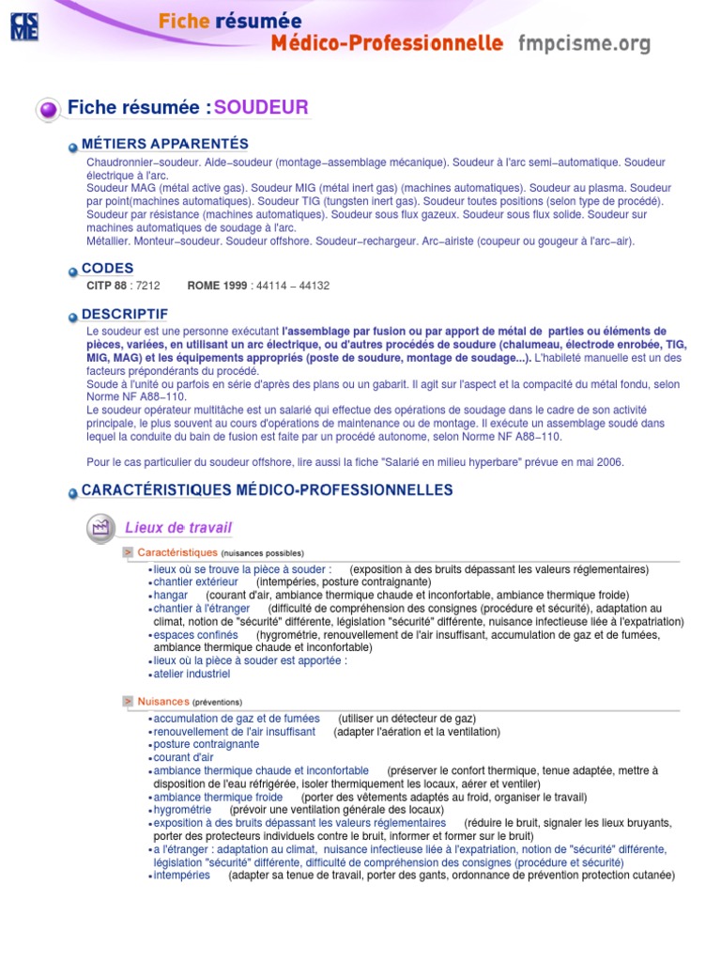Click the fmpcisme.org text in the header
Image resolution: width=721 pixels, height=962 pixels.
pyautogui.click(x=584, y=43)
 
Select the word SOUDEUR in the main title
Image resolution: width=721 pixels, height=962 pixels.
pyautogui.click(x=261, y=107)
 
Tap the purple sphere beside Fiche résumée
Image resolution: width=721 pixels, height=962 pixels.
pyautogui.click(x=49, y=110)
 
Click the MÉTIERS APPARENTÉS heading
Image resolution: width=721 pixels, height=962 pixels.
pyautogui.click(x=165, y=144)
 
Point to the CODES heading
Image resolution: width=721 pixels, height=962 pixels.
pyautogui.click(x=108, y=269)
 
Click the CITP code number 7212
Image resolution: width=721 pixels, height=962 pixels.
pyautogui.click(x=147, y=286)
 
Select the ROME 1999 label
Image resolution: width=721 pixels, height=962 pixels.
pyautogui.click(x=217, y=286)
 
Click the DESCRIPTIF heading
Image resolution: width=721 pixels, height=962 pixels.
pyautogui.click(x=125, y=314)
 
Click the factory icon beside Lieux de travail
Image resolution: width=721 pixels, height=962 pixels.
pyautogui.click(x=99, y=528)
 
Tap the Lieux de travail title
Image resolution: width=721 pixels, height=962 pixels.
pyautogui.click(x=178, y=528)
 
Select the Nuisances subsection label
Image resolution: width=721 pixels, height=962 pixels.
pyautogui.click(x=163, y=702)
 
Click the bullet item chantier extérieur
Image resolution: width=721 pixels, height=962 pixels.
pyautogui.click(x=196, y=582)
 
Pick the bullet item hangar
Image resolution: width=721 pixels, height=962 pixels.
pyautogui.click(x=171, y=596)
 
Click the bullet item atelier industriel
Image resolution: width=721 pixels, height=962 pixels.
pyautogui.click(x=192, y=675)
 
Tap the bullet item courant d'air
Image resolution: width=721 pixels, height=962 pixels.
pyautogui.click(x=184, y=757)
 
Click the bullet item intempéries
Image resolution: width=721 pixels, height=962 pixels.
pyautogui.click(x=182, y=876)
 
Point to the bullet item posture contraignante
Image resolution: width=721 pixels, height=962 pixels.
pyautogui.click(x=207, y=744)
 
